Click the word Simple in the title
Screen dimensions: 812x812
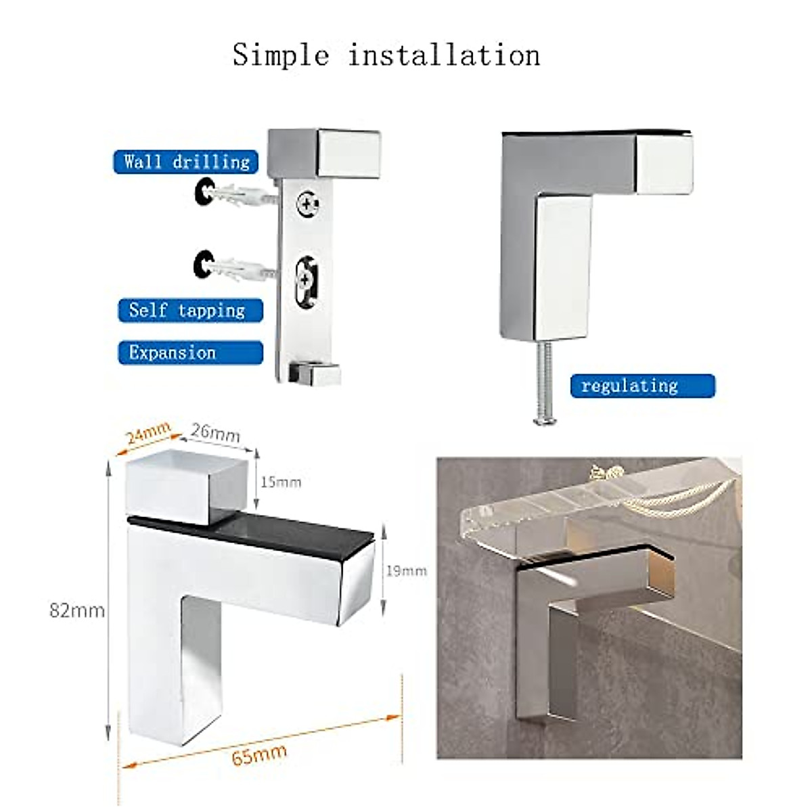pyautogui.click(x=281, y=55)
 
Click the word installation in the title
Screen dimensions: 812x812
pyautogui.click(x=444, y=55)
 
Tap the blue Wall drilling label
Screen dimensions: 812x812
pyautogui.click(x=186, y=162)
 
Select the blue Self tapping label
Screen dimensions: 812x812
pyautogui.click(x=187, y=311)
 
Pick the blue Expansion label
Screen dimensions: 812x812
pyautogui.click(x=173, y=353)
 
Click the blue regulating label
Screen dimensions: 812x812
pyautogui.click(x=630, y=386)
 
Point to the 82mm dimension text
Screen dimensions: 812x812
pyautogui.click(x=76, y=611)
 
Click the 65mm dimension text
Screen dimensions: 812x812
pyautogui.click(x=259, y=754)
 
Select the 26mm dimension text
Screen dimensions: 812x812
pyautogui.click(x=215, y=432)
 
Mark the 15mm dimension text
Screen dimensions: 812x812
pyautogui.click(x=280, y=482)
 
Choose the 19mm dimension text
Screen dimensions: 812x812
pyautogui.click(x=406, y=571)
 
